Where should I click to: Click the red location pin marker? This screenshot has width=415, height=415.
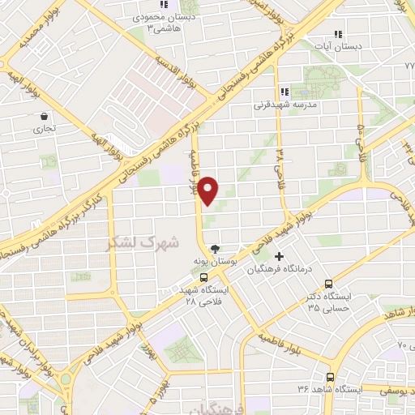coord(209,191)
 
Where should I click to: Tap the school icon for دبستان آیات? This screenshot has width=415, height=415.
coord(338,34)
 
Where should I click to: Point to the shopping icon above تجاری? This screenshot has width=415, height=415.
coord(43,116)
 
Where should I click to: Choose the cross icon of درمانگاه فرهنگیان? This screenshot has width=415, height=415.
coord(280,257)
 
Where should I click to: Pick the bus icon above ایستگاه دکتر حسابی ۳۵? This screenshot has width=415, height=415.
coord(328,284)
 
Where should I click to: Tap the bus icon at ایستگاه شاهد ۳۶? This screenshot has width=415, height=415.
coord(331,377)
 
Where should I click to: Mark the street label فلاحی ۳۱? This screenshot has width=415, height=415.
coord(278,160)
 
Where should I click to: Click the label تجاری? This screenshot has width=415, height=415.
coord(44,128)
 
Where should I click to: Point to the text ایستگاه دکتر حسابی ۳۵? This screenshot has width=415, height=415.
coord(328,302)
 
